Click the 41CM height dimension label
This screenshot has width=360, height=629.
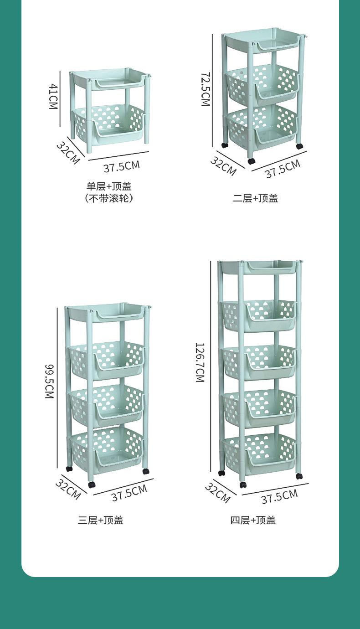tap(53, 97)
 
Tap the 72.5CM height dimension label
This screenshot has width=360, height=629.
tap(205, 88)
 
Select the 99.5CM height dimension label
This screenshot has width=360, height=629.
tap(50, 381)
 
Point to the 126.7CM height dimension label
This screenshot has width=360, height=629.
tap(200, 362)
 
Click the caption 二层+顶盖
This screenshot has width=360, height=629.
tap(255, 198)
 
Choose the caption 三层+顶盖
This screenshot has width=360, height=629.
tap(100, 520)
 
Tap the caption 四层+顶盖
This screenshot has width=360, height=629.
tap(253, 520)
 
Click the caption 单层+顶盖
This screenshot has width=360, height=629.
tap(109, 186)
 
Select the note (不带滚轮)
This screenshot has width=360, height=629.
tap(109, 198)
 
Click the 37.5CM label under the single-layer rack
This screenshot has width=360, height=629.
tap(121, 165)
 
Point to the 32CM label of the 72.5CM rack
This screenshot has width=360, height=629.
tap(223, 165)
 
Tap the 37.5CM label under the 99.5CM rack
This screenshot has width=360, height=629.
tap(129, 493)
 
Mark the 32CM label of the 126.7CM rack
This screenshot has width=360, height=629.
tap(217, 493)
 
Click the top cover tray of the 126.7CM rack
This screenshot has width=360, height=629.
tap(260, 268)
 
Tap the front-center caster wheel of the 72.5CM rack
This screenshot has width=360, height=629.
tap(252, 161)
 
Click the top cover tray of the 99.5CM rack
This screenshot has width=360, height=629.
tap(108, 312)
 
